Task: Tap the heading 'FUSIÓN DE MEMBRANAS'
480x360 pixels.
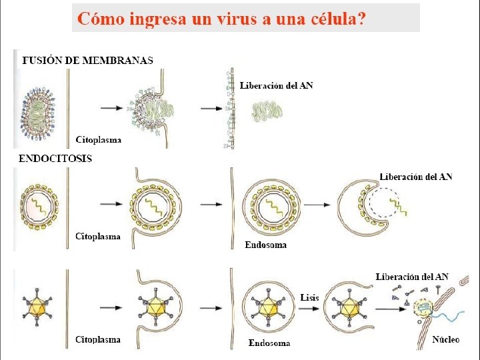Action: (x=88, y=60)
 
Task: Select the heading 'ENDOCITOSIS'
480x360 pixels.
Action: (x=55, y=159)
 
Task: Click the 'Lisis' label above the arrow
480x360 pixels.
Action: (x=310, y=297)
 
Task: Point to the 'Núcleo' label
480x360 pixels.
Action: (x=446, y=339)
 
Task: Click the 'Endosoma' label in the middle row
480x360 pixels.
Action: (x=266, y=245)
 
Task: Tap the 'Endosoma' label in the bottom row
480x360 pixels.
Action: (x=269, y=343)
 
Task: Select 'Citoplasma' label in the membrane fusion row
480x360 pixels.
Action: (x=98, y=140)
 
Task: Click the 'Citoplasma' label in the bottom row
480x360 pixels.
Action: (x=98, y=340)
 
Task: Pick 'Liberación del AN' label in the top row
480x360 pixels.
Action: (x=276, y=85)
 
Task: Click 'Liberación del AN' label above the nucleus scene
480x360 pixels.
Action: (x=412, y=276)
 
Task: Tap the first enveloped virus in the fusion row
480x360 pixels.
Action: (x=41, y=107)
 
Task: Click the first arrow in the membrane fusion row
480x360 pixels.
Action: (x=109, y=107)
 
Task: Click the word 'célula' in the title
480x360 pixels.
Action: (x=337, y=18)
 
